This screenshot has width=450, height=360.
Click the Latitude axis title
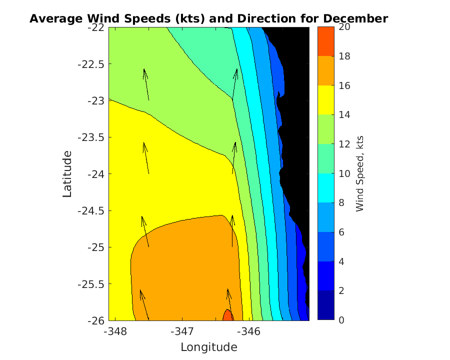tap(67, 173)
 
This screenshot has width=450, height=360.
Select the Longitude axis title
tap(208, 347)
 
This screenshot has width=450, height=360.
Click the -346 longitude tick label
tap(247, 331)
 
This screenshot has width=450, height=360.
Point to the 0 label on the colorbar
tap(341, 320)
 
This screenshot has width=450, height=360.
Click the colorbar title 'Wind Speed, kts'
tap(360, 173)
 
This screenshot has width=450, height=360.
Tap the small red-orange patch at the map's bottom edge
tap(227, 315)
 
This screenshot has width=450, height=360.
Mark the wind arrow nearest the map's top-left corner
tap(146, 84)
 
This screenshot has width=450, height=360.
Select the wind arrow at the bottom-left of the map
tap(144, 304)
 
